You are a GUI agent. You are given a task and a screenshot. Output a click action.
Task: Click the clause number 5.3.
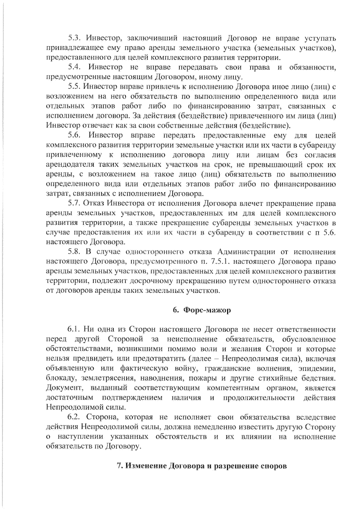click(x=73, y=38)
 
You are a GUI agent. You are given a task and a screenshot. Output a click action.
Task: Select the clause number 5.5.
click(x=73, y=87)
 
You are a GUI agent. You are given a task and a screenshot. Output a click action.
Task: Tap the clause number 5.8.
click(x=73, y=252)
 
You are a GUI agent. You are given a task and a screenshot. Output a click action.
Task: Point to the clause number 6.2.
click(x=73, y=417)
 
